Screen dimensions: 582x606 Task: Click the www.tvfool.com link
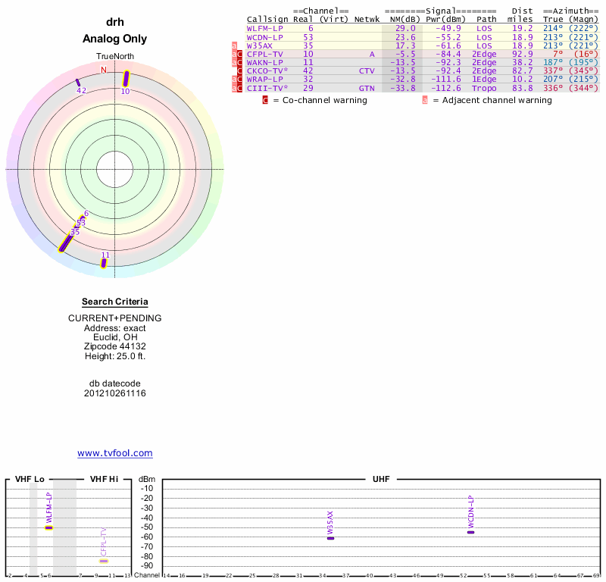114,453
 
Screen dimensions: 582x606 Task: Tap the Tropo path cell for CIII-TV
484,88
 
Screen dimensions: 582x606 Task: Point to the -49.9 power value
447,28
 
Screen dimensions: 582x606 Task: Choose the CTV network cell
367,71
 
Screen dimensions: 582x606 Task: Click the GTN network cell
367,88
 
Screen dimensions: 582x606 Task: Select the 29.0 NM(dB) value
405,28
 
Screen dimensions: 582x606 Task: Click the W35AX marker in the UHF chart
330,537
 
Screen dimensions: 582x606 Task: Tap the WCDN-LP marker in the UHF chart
470,532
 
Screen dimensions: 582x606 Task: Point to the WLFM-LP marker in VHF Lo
49,527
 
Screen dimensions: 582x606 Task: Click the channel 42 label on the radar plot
81,91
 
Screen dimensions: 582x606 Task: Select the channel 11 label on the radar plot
105,255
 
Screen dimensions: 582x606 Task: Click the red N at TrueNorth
104,70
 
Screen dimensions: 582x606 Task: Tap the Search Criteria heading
114,302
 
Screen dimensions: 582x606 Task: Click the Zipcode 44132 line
114,346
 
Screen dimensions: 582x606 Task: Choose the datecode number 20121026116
114,393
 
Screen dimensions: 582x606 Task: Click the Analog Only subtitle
114,39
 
